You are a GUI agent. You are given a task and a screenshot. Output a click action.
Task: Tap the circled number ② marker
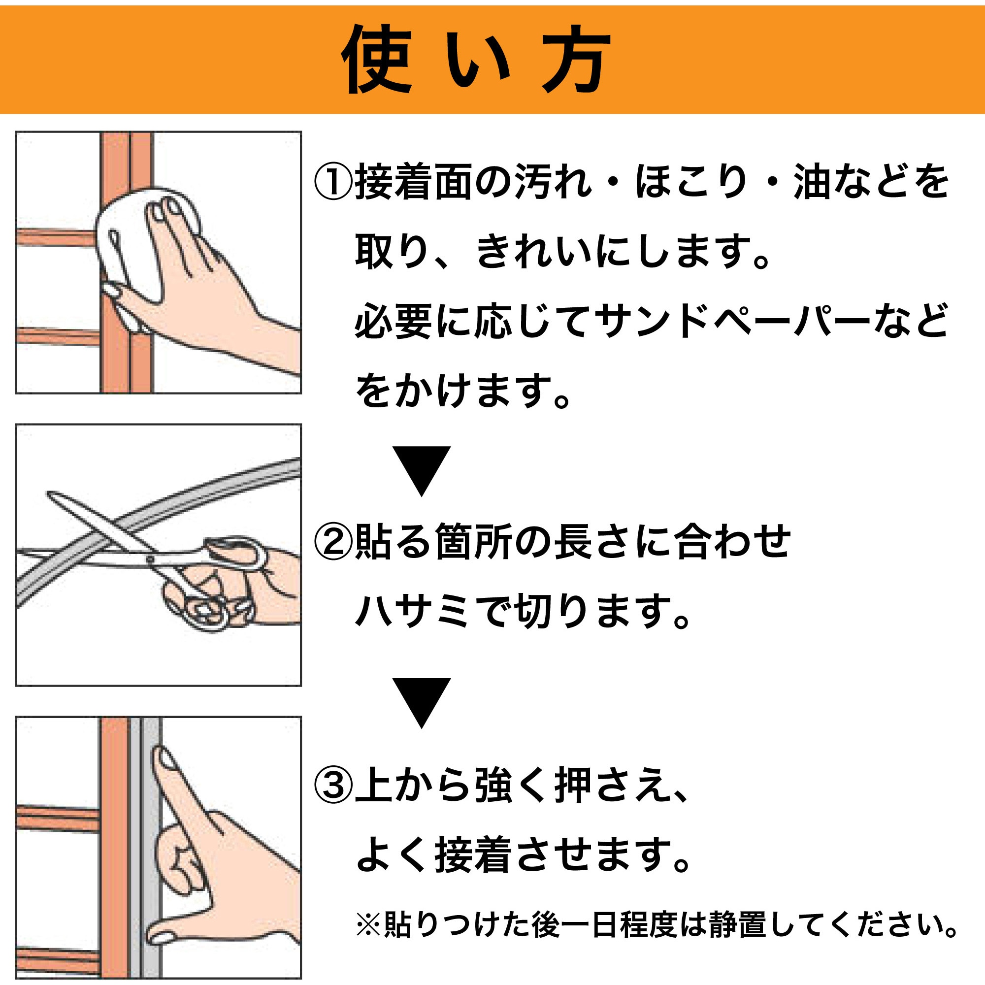click(332, 542)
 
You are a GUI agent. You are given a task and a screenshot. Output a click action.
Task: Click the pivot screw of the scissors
click(151, 560)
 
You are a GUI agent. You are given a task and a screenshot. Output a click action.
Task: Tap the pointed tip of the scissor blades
click(49, 493)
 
